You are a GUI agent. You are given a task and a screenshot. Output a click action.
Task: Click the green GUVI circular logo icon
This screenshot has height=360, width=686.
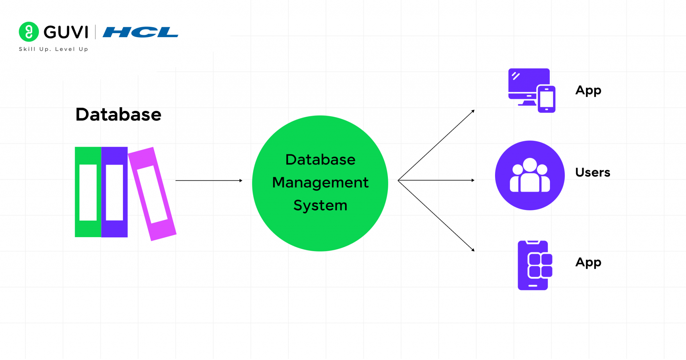tap(29, 32)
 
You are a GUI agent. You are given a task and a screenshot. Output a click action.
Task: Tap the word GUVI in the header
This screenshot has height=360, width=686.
tap(66, 32)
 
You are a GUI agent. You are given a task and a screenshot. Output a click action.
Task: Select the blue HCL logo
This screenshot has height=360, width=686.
tap(140, 32)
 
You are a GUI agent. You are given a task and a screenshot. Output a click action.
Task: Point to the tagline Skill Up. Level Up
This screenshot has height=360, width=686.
tap(54, 49)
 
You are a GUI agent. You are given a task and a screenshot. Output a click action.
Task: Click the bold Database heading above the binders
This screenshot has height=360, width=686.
tap(118, 115)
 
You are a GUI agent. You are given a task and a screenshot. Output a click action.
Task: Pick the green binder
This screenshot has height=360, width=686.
tap(88, 192)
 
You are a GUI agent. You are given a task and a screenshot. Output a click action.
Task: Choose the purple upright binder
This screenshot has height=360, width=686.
tap(114, 192)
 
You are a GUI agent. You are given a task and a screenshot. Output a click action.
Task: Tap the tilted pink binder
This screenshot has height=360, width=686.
tap(152, 194)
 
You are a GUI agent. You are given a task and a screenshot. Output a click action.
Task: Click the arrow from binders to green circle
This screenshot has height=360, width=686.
tap(208, 181)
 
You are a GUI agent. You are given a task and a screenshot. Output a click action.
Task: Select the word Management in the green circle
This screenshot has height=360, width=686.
tap(320, 183)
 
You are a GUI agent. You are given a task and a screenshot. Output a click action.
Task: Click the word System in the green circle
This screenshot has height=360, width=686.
tap(320, 205)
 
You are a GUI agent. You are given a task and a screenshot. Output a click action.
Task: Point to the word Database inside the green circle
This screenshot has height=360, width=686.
tap(320, 160)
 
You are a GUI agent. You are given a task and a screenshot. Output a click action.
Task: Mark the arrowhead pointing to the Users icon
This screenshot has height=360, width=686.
tap(473, 180)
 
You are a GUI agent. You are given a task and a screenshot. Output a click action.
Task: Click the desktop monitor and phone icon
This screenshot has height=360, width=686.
tap(531, 90)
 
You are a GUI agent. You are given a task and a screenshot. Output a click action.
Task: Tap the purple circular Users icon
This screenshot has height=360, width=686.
tap(530, 175)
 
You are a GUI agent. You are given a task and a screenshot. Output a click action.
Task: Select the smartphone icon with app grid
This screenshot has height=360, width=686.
tap(534, 265)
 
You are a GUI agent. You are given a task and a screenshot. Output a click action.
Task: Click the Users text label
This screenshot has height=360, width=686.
tap(593, 172)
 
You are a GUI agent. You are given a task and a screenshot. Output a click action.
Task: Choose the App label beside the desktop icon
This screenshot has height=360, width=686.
tap(588, 90)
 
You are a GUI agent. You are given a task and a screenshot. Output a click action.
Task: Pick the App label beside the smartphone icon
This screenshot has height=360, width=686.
tap(588, 262)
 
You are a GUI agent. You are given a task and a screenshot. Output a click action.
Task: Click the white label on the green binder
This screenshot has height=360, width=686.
tap(88, 192)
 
